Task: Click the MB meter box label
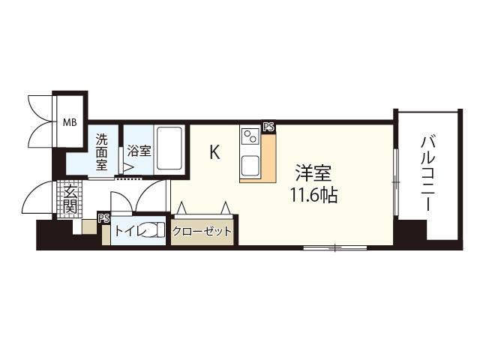[x=70, y=123]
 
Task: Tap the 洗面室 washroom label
[x=102, y=151]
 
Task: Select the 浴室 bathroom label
[x=139, y=151]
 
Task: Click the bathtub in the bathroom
[x=169, y=148]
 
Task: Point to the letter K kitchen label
[x=214, y=151]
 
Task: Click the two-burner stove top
[x=250, y=136]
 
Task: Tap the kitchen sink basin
[x=250, y=166]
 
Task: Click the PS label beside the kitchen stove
[x=268, y=127]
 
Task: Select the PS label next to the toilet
[x=103, y=218]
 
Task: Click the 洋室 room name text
[x=313, y=173]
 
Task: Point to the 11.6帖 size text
[x=313, y=195]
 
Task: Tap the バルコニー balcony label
[x=428, y=173]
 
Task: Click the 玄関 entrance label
[x=70, y=200]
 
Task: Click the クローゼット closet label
[x=202, y=232]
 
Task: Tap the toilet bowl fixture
[x=154, y=229]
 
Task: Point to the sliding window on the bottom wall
[x=335, y=247]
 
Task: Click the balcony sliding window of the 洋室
[x=396, y=182]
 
